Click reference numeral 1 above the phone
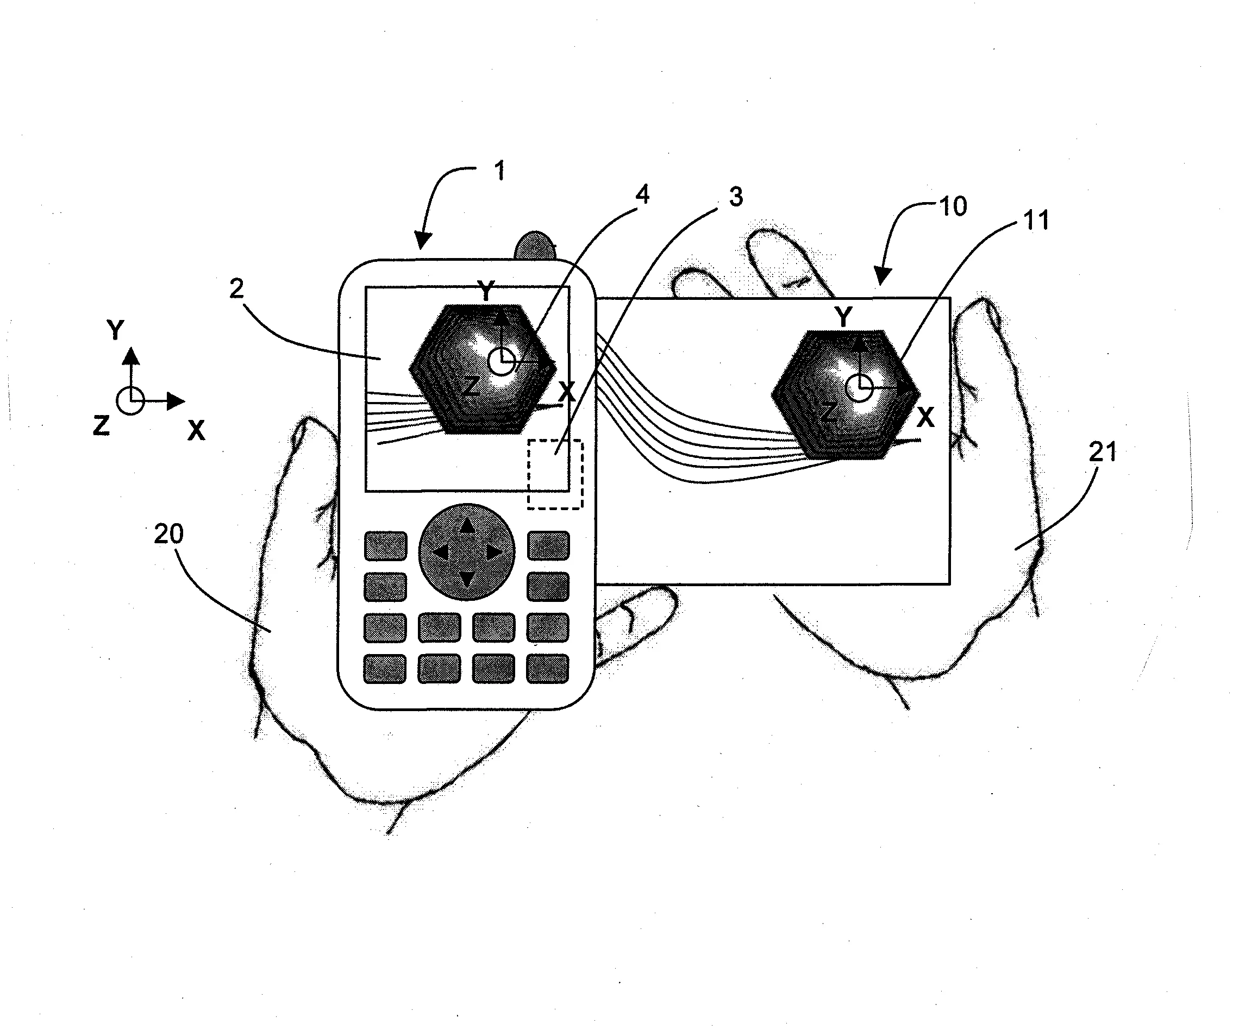point(499,171)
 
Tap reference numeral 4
point(642,194)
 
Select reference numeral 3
point(736,197)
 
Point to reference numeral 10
point(952,206)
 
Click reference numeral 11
point(1035,221)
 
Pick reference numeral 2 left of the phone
point(236,288)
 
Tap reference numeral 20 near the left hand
point(169,534)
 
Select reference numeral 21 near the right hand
point(1103,453)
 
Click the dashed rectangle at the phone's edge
point(555,474)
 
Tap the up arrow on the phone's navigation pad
point(467,526)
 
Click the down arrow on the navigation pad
point(467,579)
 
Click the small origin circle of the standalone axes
point(130,401)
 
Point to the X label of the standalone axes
point(196,431)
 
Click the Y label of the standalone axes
point(115,330)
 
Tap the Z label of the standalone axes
point(101,425)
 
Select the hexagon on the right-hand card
point(846,394)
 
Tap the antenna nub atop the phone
point(536,247)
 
